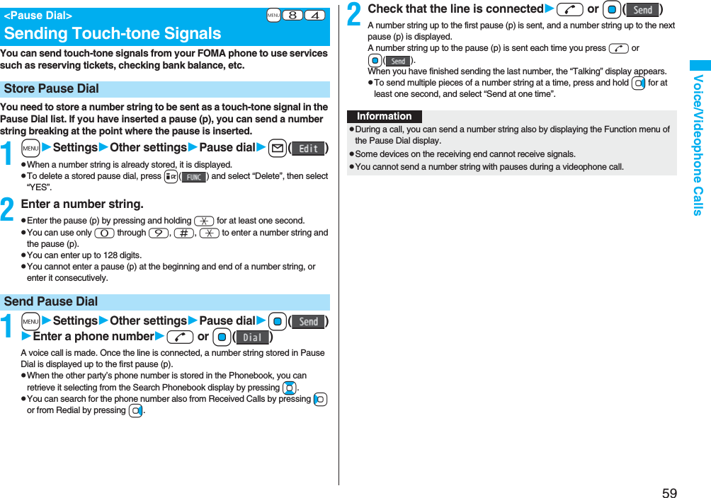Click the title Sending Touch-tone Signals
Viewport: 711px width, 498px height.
coord(113,33)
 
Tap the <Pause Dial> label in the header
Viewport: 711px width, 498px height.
coord(38,15)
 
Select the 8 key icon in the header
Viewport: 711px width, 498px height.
coord(292,16)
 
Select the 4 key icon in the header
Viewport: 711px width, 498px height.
coord(315,16)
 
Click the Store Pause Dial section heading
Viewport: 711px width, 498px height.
coord(52,88)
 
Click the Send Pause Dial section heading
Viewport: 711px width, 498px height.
coord(51,301)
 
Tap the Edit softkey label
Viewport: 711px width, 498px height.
coord(308,149)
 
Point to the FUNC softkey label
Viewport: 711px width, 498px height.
coord(193,177)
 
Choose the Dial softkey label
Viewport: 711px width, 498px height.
coord(252,337)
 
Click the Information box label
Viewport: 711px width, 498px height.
coord(384,116)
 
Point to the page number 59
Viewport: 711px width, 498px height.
coord(669,493)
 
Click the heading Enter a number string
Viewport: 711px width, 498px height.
coord(82,204)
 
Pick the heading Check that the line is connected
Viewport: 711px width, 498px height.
coord(455,9)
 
